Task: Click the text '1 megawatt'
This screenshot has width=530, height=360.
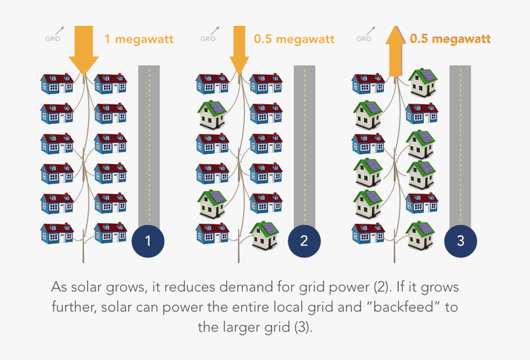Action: click(x=139, y=39)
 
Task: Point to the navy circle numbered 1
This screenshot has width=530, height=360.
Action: click(x=148, y=241)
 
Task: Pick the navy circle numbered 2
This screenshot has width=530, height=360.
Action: click(x=304, y=241)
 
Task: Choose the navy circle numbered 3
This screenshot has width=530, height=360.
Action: click(x=460, y=241)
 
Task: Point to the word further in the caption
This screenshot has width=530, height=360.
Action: click(x=73, y=307)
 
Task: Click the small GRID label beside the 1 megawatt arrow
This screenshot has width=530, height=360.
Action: click(x=53, y=38)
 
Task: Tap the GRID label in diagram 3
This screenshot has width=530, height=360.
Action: click(x=364, y=38)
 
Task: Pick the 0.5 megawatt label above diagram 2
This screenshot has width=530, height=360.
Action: click(x=294, y=39)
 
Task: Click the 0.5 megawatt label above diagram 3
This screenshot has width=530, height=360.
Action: click(x=450, y=39)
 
